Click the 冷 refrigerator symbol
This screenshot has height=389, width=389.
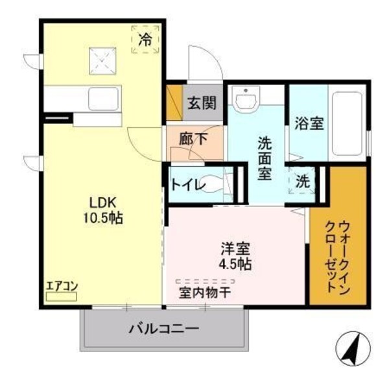point(146,39)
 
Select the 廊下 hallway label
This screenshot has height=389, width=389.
point(194,138)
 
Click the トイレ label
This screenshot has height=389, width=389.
point(189,184)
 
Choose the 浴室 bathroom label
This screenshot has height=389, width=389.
point(308,123)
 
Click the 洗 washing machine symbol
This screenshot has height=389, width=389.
point(303,181)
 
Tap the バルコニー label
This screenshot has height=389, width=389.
point(163,328)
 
